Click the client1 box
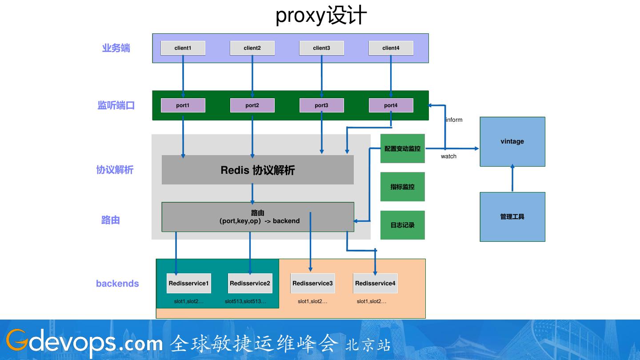tap(183, 48)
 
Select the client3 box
tap(321, 48)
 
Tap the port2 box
tap(252, 105)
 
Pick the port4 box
tap(391, 105)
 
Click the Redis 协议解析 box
tap(258, 170)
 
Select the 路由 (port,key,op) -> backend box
tap(258, 217)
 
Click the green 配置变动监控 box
tap(403, 148)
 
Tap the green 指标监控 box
tap(403, 187)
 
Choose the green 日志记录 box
tap(403, 225)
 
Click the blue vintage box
tap(512, 142)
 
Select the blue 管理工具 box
tap(512, 217)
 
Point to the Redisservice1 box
tap(189, 283)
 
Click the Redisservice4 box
tap(375, 283)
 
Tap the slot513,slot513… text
tap(245, 301)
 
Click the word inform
tap(454, 120)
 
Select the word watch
tap(448, 156)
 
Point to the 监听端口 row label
tap(116, 105)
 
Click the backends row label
tap(117, 284)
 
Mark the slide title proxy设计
tap(321, 16)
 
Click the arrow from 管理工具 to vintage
tap(512, 178)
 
